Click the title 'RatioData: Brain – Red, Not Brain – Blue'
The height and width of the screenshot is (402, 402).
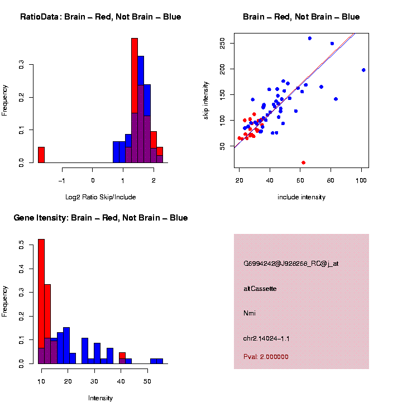pyautogui.click(x=100, y=17)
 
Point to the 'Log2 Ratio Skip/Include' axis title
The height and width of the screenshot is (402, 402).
pyautogui.click(x=100, y=197)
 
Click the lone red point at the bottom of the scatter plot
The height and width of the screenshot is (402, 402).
pyautogui.click(x=303, y=162)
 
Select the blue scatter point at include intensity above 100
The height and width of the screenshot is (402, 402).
pyautogui.click(x=363, y=70)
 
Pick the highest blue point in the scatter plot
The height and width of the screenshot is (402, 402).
pyautogui.click(x=310, y=38)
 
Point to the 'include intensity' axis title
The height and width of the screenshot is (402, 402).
pyautogui.click(x=301, y=197)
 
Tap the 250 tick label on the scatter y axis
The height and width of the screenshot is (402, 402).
pyautogui.click(x=223, y=43)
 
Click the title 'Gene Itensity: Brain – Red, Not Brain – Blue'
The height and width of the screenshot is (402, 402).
pyautogui.click(x=100, y=218)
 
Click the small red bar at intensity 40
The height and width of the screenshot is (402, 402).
pyautogui.click(x=122, y=356)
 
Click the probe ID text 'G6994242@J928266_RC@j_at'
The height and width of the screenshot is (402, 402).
pyautogui.click(x=291, y=264)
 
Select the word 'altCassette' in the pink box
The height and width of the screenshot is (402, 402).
pyautogui.click(x=260, y=289)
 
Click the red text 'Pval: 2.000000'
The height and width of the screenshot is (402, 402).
pyautogui.click(x=266, y=357)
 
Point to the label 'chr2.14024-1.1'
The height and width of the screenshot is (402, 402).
pyautogui.click(x=266, y=338)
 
